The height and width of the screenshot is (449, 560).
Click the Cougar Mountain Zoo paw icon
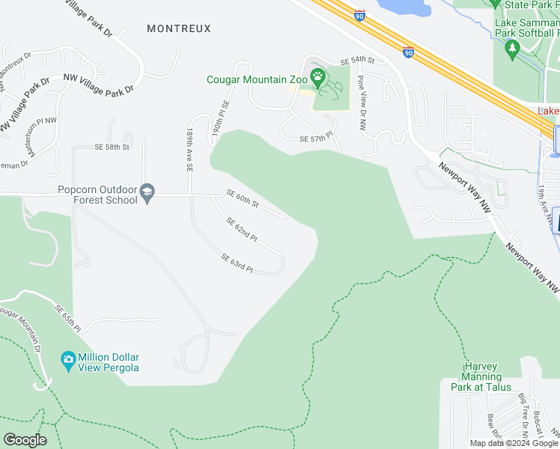tap(318, 76)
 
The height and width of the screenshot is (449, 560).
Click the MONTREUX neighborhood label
tap(179, 28)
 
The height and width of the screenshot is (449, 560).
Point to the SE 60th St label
tap(243, 199)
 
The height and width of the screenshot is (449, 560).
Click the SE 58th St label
tap(112, 147)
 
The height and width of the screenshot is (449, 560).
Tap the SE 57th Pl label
tap(314, 139)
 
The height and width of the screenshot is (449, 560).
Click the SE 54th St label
tap(356, 60)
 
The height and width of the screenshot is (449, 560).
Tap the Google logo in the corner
tap(25, 440)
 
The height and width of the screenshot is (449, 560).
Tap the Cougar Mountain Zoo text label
tap(257, 80)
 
